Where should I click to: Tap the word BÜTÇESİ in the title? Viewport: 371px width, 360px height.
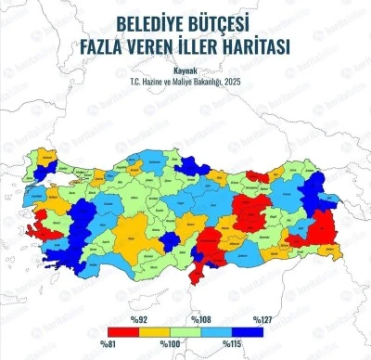click(224, 22)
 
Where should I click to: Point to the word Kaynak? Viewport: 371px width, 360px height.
click(185, 68)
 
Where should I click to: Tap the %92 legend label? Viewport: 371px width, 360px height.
click(139, 319)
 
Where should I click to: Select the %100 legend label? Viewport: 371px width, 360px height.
click(171, 345)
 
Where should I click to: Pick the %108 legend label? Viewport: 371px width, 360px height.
click(200, 319)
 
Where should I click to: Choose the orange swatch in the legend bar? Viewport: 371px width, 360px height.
click(154, 332)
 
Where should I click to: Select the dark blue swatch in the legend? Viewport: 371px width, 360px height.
click(246, 332)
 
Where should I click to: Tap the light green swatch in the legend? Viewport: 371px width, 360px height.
click(185, 332)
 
